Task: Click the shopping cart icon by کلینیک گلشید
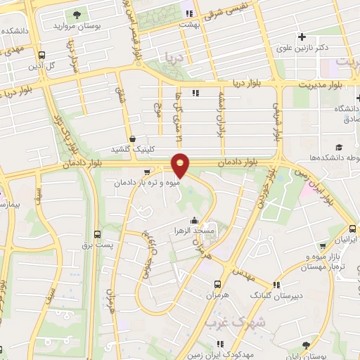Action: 133,139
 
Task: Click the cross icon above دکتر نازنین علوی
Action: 302,37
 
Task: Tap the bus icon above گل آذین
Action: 42,56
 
